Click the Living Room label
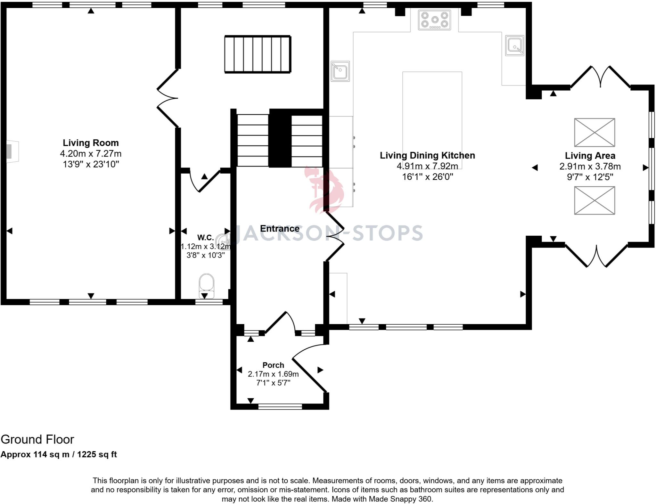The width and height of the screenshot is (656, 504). click(x=91, y=143)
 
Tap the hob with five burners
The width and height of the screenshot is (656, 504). click(x=434, y=20)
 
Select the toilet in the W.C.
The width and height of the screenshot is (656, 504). click(x=206, y=286)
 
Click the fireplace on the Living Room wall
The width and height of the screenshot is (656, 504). click(x=12, y=151)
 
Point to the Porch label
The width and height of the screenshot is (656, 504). click(x=273, y=365)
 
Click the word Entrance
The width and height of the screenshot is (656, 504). click(x=280, y=229)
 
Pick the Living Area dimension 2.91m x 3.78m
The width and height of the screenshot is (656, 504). click(x=590, y=167)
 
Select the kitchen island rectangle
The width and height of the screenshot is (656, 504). click(x=432, y=116)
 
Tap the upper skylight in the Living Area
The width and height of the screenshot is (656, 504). click(x=594, y=133)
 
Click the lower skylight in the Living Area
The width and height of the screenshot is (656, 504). click(x=594, y=200)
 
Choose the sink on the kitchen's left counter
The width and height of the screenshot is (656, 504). click(x=340, y=71)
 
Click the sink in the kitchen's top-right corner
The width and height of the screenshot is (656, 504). click(x=515, y=45)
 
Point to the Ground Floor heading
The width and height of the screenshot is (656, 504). click(x=37, y=440)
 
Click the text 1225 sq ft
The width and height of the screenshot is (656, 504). click(x=97, y=454)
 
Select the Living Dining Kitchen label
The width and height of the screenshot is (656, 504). click(x=427, y=156)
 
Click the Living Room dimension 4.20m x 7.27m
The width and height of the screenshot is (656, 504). click(x=91, y=154)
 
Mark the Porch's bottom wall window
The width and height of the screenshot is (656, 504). click(x=280, y=407)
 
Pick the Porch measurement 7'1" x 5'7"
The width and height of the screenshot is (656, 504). click(x=273, y=383)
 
